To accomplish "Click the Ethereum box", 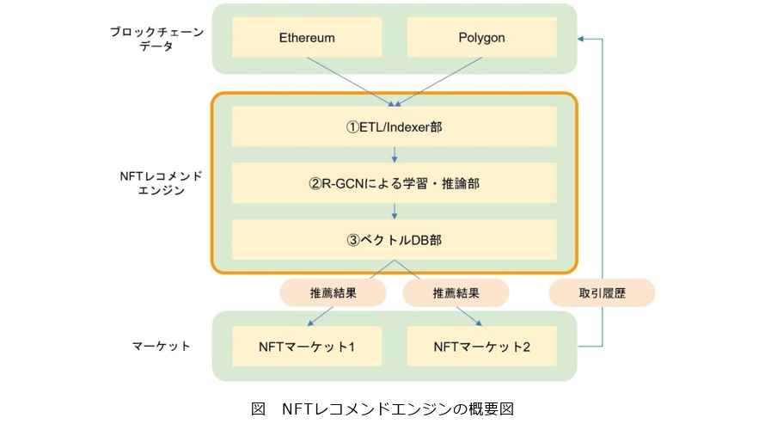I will (307, 38).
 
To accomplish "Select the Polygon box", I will (480, 38).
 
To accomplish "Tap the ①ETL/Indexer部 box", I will (394, 127).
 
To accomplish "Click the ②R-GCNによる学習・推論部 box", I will (394, 183).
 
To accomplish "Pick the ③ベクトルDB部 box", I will (394, 240).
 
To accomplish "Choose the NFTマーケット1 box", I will (307, 347).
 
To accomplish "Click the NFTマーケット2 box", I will (481, 347).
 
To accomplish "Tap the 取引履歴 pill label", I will (602, 292).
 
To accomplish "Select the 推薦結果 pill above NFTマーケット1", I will (332, 292).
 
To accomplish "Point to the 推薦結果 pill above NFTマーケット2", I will (455, 292).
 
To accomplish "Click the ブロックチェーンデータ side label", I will (156, 39).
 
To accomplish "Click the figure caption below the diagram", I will (382, 408).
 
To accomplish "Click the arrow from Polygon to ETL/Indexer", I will (438, 82).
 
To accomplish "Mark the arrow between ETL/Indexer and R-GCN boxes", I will (394, 155).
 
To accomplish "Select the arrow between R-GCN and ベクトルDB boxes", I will (394, 211).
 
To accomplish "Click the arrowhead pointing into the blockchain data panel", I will (583, 39).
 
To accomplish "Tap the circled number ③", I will (352, 240).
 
